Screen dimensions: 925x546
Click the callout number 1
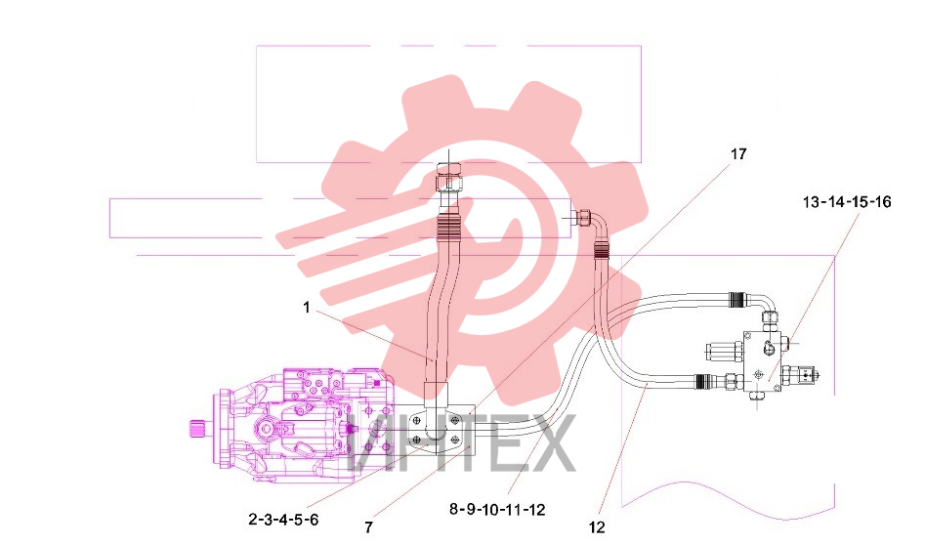point(306,308)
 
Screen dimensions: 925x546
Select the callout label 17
point(738,154)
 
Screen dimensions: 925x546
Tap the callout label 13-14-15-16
point(847,201)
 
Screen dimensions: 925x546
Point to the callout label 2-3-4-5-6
point(284,520)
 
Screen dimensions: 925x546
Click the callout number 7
point(368,526)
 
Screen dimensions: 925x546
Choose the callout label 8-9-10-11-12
point(497,510)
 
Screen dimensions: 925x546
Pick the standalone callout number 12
point(597,527)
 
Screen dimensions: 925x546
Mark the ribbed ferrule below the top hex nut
point(447,227)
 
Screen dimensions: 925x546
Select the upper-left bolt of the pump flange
point(416,420)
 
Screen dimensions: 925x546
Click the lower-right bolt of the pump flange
point(455,439)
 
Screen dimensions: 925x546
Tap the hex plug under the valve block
point(757,399)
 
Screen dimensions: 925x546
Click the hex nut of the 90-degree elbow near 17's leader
point(584,218)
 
